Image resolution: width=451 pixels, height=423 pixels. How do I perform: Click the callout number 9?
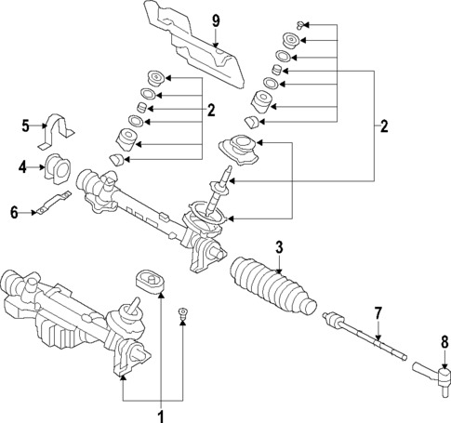pyautogui.click(x=215, y=20)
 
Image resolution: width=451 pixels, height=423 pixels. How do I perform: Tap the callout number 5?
pyautogui.click(x=27, y=125)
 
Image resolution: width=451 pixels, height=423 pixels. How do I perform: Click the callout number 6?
pyautogui.click(x=13, y=212)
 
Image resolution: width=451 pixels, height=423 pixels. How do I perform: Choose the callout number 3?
pyautogui.click(x=278, y=246)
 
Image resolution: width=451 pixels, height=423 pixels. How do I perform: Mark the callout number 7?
pyautogui.click(x=378, y=311)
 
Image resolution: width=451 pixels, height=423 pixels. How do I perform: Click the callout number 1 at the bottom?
pyautogui.click(x=161, y=414)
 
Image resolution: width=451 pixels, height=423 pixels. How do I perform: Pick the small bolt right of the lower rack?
pyautogui.click(x=183, y=314)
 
